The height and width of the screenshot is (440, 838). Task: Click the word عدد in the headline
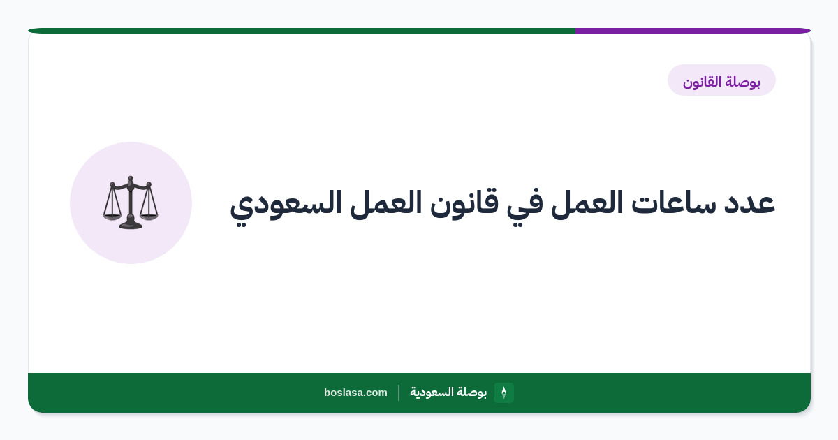pos(749,203)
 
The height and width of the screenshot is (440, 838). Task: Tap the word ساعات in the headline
pos(673,203)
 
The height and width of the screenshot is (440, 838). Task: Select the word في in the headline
pos(525,205)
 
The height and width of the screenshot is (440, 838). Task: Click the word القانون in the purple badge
pos(702,82)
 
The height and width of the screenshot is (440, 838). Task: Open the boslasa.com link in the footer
pos(355,393)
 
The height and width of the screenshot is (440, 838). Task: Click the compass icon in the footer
pos(503,393)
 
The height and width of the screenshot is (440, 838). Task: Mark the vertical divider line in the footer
pos(399,393)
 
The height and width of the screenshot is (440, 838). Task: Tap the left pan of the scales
pos(112,217)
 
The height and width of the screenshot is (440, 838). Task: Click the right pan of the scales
pos(149,217)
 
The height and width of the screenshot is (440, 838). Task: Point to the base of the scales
pos(131,225)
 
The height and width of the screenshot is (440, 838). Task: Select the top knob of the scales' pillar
pos(130,179)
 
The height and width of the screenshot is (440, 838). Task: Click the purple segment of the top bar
pos(693,31)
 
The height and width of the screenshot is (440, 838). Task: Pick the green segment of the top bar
pos(302,31)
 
